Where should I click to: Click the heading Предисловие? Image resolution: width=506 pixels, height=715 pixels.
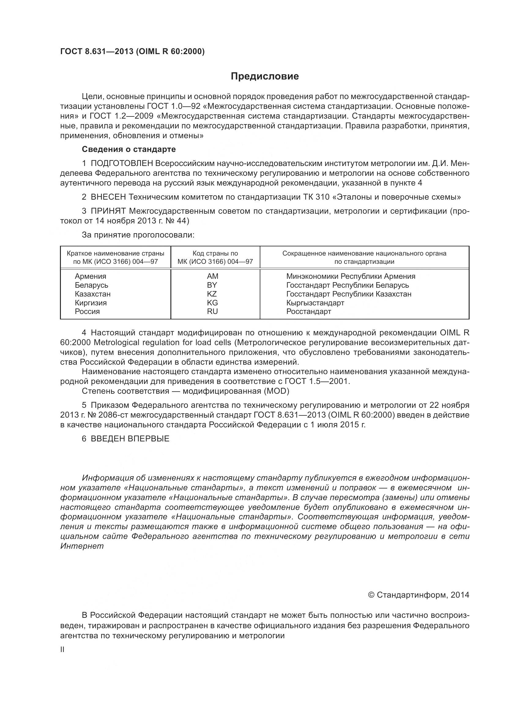(x=265, y=76)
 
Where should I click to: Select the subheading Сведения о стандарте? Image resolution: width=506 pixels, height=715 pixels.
(x=129, y=149)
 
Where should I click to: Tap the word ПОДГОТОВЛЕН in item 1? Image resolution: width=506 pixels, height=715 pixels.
(x=122, y=163)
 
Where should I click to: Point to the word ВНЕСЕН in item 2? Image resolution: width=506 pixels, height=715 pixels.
(x=108, y=197)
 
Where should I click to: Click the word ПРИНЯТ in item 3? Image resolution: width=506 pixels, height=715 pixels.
(x=108, y=211)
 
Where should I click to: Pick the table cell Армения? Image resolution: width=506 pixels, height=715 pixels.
(x=90, y=276)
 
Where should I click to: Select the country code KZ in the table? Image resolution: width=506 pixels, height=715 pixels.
(x=212, y=294)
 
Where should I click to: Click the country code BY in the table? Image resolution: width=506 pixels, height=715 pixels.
(x=212, y=285)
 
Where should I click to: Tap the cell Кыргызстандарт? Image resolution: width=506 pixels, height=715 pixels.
(x=315, y=303)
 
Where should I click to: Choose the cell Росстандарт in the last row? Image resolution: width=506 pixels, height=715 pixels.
(x=308, y=311)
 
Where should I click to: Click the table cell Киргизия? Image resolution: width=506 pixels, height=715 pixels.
(x=91, y=303)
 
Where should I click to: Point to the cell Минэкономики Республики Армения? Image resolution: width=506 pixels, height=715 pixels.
(x=351, y=276)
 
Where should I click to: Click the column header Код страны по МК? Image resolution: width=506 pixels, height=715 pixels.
(x=215, y=257)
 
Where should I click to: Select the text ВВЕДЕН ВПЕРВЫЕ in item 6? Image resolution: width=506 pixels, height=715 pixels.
(x=130, y=439)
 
